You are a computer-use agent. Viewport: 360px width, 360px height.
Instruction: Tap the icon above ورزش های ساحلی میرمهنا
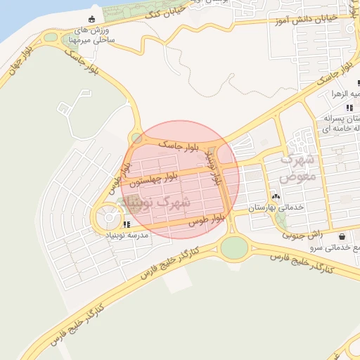point(92,19)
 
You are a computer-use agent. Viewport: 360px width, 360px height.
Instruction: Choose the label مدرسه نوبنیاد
point(127,234)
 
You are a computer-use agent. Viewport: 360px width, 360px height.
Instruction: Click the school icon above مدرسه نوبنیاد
point(127,224)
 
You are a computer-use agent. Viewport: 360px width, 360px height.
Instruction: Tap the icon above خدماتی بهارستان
point(276,197)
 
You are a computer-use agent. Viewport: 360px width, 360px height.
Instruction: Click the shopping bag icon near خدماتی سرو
point(342,237)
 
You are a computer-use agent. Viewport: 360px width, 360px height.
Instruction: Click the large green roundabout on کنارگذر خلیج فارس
point(234,247)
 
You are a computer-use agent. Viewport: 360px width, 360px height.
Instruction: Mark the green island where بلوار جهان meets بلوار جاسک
point(50,37)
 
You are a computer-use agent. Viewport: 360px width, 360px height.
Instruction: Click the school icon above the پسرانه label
point(350,108)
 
